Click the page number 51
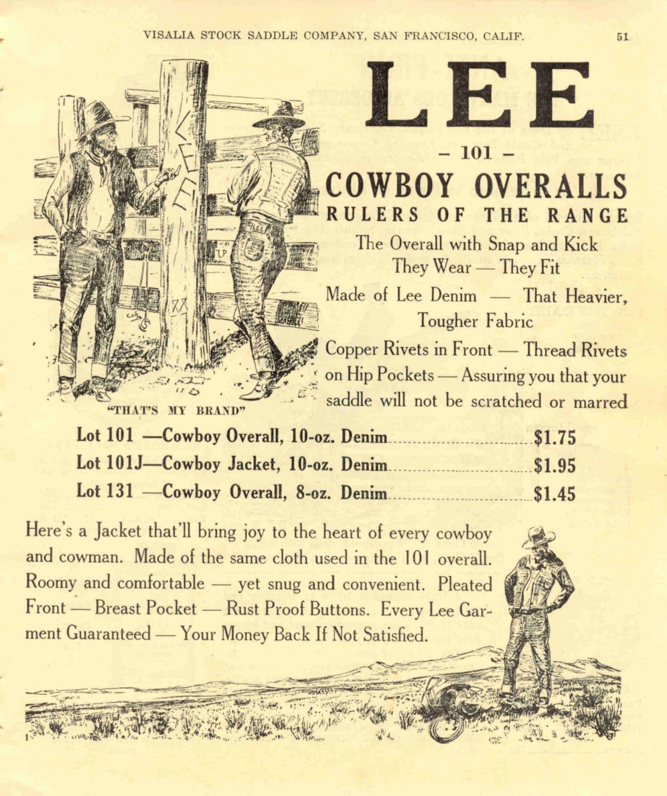623,37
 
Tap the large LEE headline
479,94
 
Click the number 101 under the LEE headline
476,153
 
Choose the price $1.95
555,466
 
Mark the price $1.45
555,494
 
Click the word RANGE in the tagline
594,216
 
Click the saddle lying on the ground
450,698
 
